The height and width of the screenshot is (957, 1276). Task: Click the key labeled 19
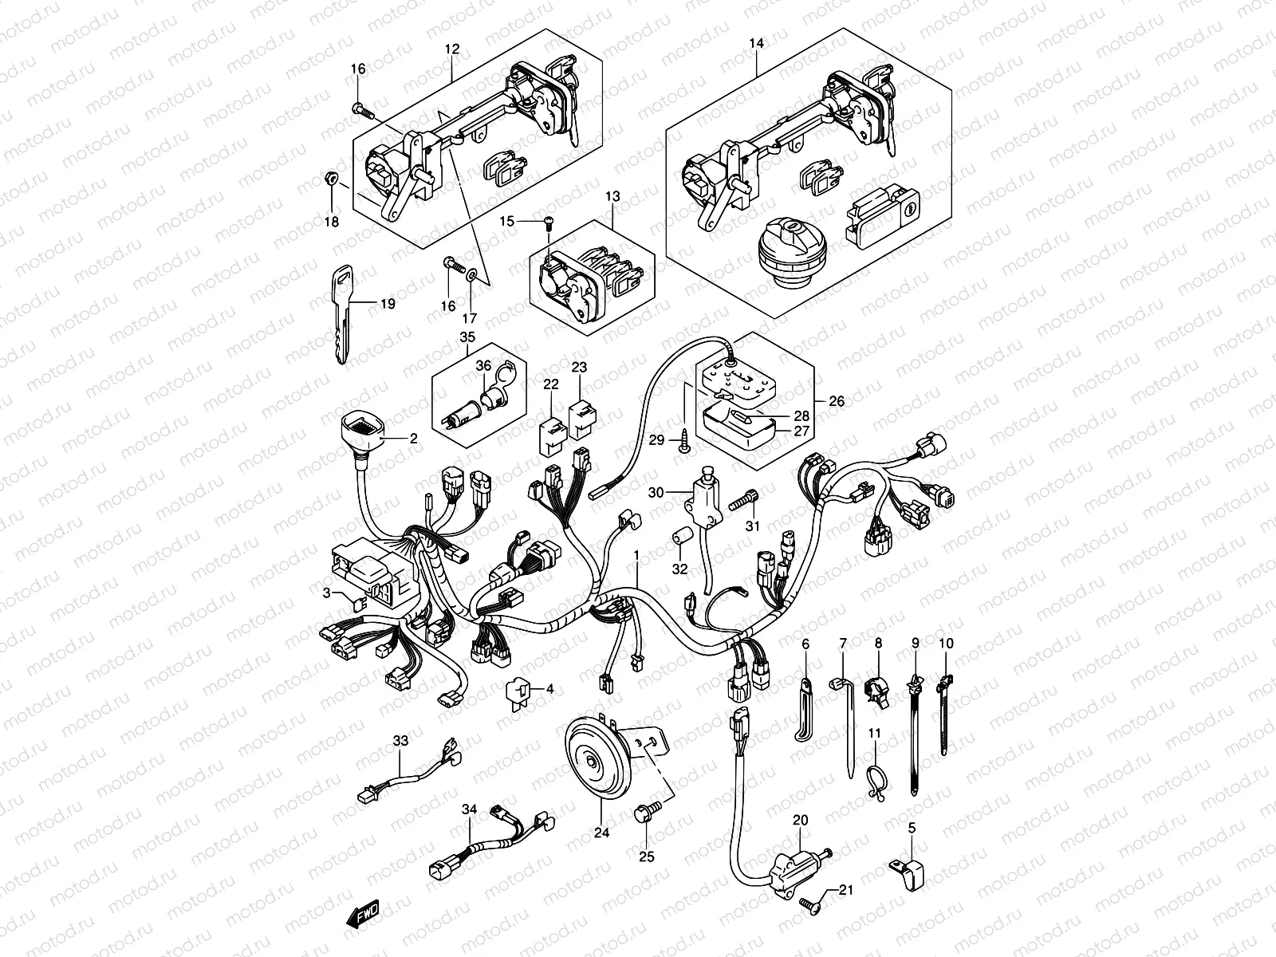[x=342, y=314]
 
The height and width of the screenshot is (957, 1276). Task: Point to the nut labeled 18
[x=332, y=179]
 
